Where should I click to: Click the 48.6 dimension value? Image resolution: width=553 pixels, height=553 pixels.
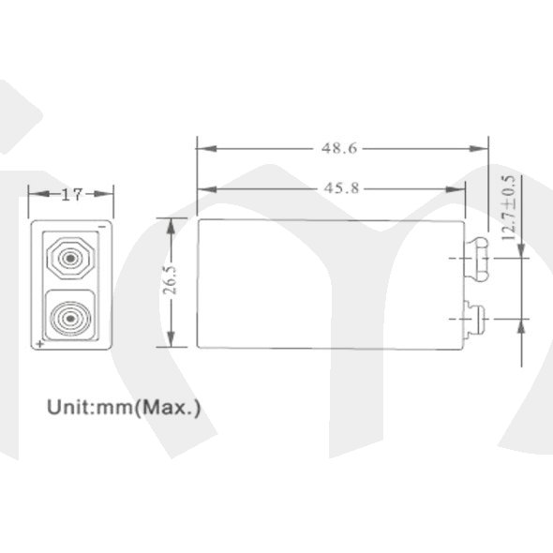coord(339,148)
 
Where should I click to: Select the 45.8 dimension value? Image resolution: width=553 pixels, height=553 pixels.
coord(341,188)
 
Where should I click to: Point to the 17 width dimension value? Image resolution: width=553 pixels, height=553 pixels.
coord(72,194)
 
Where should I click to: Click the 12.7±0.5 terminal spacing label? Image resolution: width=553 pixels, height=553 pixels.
coord(508,208)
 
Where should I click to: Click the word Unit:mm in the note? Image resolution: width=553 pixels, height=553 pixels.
coord(90,408)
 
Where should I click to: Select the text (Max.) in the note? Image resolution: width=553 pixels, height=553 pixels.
coord(167,408)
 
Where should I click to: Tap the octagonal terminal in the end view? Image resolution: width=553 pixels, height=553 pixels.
coord(71,259)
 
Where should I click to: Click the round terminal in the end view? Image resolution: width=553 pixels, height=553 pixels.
coord(70,319)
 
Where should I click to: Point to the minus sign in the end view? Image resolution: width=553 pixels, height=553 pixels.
coord(102,227)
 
